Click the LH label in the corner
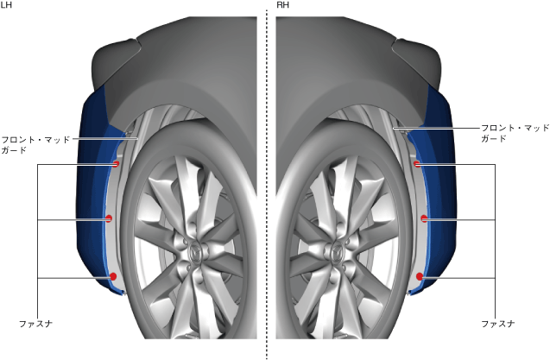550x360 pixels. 7,6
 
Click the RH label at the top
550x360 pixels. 282,6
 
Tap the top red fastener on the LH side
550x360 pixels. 116,164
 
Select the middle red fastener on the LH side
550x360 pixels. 109,219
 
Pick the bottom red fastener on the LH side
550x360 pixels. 113,276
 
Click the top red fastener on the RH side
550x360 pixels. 416,164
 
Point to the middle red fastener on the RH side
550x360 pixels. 424,219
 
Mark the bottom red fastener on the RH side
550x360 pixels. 420,276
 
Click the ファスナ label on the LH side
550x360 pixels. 35,323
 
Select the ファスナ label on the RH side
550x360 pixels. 497,323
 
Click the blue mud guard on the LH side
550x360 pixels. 91,199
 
